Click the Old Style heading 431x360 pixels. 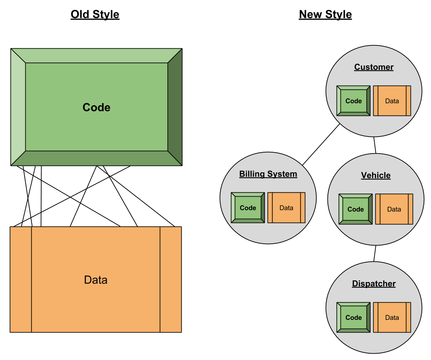coord(95,14)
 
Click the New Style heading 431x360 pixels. coord(325,14)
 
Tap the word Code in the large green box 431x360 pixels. coord(96,107)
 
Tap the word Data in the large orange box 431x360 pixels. coord(96,280)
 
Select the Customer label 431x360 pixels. coord(374,67)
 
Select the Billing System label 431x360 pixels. coord(268,174)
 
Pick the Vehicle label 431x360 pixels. coord(376,175)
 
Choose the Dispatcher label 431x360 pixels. coord(374,284)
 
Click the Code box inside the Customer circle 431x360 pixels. coord(354,101)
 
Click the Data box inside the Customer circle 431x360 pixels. coord(392,101)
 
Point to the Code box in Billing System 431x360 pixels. coord(248,208)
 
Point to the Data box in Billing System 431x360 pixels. coord(286,208)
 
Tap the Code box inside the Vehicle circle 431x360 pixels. coord(356,209)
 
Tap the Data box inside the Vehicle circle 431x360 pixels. coord(394,209)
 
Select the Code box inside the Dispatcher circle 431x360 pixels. coord(354,317)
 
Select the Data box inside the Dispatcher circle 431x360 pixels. coord(392,317)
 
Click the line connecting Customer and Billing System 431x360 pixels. coord(321,145)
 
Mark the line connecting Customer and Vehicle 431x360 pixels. coord(375,145)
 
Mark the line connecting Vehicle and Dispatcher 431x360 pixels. coord(375,254)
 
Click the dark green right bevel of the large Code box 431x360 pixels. coord(175,107)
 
